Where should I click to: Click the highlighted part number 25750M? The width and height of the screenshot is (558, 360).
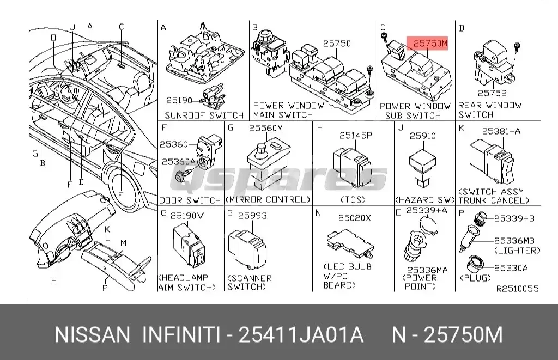pos(429,43)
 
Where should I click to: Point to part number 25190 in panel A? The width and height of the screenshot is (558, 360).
pos(180,100)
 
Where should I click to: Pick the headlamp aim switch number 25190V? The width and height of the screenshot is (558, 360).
pos(187,216)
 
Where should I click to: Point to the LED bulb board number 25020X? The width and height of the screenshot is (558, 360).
pos(354,217)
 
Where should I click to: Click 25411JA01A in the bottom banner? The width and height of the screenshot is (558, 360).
pos(301,334)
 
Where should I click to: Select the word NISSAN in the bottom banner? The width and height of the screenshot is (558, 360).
pos(92,334)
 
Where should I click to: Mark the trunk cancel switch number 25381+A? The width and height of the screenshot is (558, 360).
pos(501,131)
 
